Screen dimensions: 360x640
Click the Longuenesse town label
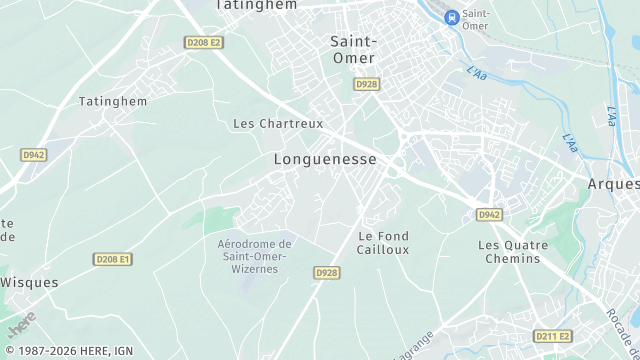pos(325,159)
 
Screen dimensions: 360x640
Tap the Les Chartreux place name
pos(278,124)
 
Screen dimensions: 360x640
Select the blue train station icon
pos(451,16)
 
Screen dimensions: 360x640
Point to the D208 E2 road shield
pos(203,42)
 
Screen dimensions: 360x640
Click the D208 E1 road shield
pos(113,259)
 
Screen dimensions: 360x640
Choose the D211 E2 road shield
pos(551,336)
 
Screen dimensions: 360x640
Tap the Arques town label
pos(613,184)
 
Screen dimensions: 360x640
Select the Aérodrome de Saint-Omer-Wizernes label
pos(254,256)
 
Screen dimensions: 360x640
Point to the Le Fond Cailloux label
pos(383,243)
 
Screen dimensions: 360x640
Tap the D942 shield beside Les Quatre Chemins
pos(488,214)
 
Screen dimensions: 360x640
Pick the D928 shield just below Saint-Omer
pos(366,85)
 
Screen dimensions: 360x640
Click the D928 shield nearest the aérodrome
pos(326,272)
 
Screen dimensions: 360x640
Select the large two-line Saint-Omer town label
pos(354,49)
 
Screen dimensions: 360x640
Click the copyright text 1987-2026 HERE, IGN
pos(67,351)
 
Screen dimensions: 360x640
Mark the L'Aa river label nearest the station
pos(477,73)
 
